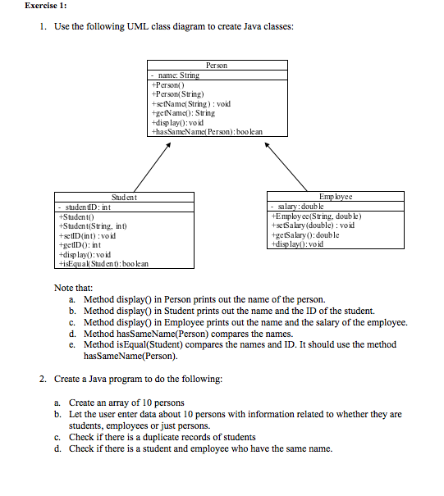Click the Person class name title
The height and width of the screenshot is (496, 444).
coord(217,65)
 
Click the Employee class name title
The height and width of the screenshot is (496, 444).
coord(335,197)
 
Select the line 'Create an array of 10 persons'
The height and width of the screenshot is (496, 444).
coord(126,403)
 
